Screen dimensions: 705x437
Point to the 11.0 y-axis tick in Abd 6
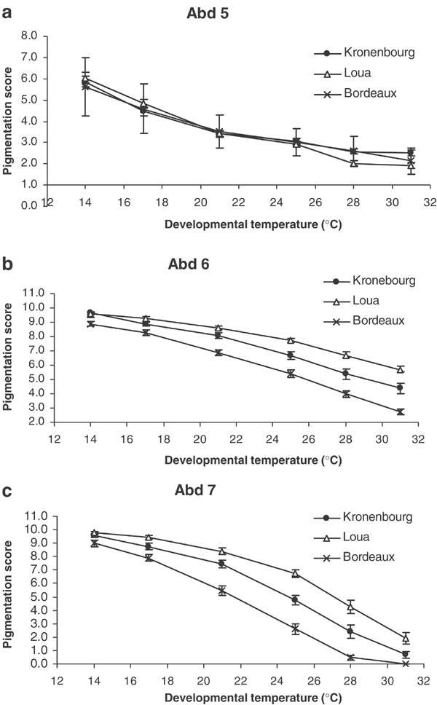pyautogui.click(x=34, y=293)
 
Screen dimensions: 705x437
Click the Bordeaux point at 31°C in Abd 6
pyautogui.click(x=400, y=411)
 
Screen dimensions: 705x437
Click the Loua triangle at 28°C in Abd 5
pyautogui.click(x=354, y=163)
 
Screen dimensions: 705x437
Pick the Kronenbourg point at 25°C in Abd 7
pyautogui.click(x=296, y=600)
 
